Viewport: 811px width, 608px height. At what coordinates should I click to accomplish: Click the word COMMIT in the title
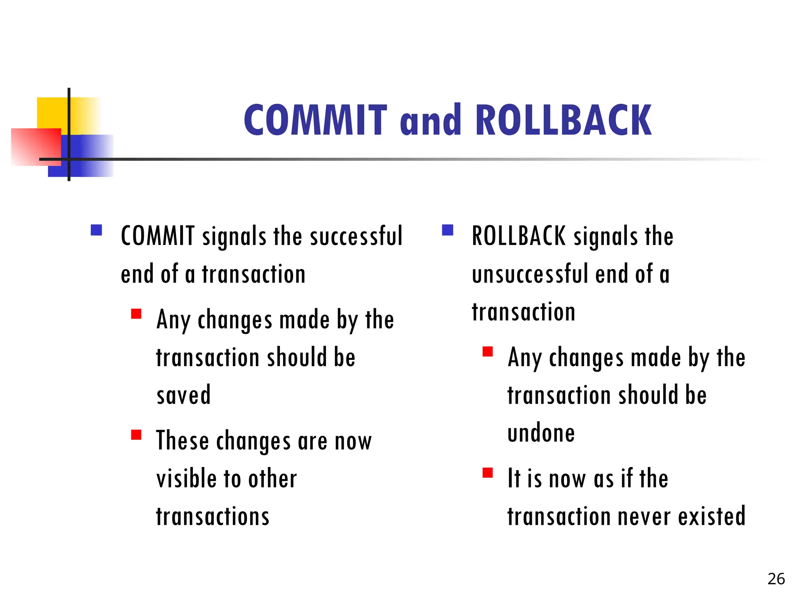pos(315,120)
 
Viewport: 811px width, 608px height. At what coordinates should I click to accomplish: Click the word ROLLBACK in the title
pos(564,120)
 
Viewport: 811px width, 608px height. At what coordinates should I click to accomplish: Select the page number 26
pos(776,579)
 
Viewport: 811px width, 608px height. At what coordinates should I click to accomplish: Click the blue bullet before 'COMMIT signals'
pos(96,230)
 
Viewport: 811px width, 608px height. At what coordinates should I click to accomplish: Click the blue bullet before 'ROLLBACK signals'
pos(447,230)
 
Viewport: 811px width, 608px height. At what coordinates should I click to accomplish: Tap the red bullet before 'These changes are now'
pos(136,435)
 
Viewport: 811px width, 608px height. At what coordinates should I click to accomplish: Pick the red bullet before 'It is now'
pos(487,473)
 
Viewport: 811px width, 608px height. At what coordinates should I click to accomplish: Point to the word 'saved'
pos(184,395)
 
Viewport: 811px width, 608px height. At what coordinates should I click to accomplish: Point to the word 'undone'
pos(541,433)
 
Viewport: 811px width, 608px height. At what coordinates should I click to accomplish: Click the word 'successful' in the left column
pos(356,236)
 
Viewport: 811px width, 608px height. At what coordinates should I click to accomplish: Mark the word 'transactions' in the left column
pos(213,516)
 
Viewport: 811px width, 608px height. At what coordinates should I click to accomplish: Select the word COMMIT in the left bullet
pos(158,236)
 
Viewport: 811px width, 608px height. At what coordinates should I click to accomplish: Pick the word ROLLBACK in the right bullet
pos(519,236)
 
